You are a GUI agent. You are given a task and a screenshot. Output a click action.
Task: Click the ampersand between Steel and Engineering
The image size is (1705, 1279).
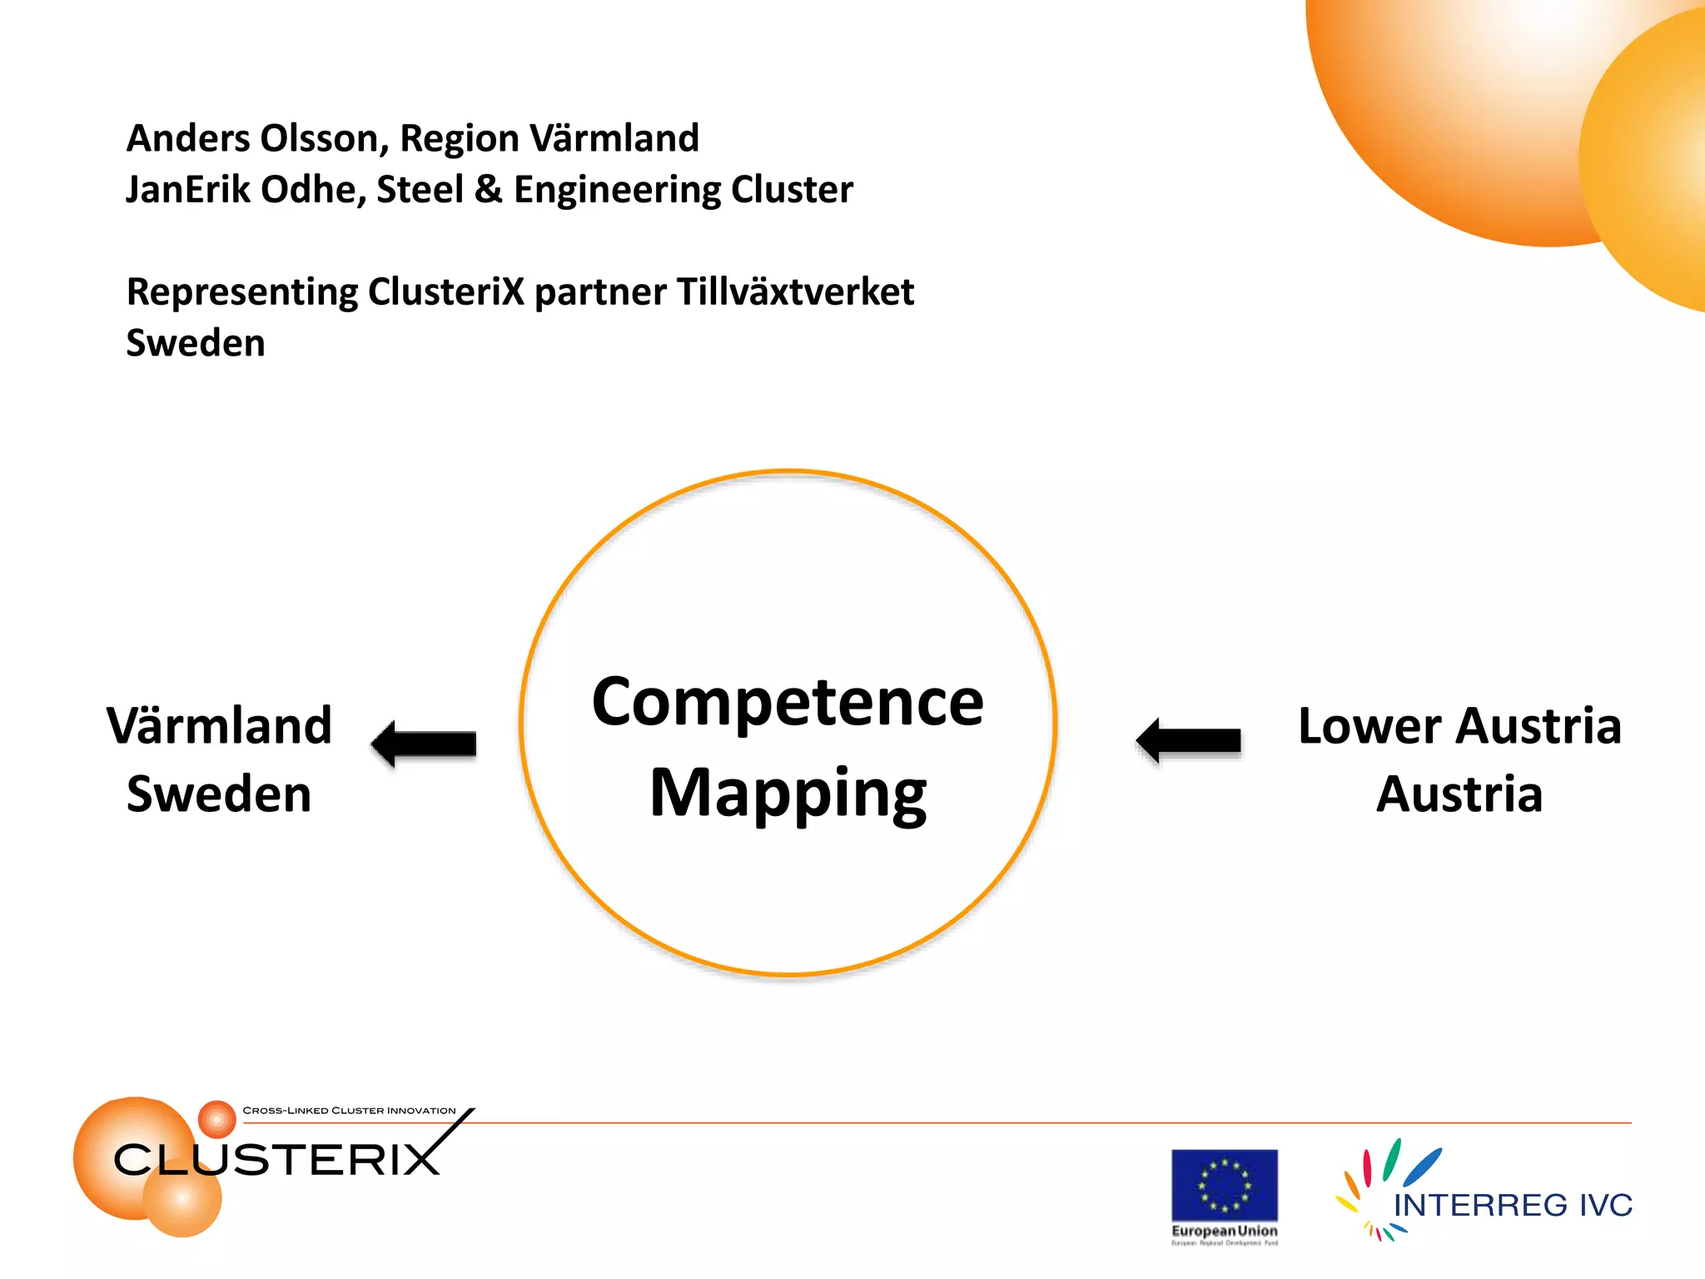pyautogui.click(x=489, y=190)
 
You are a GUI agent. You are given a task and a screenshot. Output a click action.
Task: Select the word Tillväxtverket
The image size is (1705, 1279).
pyautogui.click(x=795, y=291)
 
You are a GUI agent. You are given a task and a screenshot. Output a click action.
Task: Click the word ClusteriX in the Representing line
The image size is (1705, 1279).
pyautogui.click(x=446, y=291)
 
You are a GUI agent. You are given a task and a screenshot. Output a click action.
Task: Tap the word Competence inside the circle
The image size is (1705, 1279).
pyautogui.click(x=788, y=702)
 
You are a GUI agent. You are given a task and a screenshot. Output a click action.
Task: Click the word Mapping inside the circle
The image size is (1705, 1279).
pyautogui.click(x=788, y=794)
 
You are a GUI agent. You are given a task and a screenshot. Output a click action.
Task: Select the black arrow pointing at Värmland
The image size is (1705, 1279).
pyautogui.click(x=425, y=743)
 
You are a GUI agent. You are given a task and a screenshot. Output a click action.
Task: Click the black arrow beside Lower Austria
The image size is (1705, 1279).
pyautogui.click(x=1189, y=739)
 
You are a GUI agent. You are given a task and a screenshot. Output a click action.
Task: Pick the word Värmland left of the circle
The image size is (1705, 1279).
pyautogui.click(x=220, y=725)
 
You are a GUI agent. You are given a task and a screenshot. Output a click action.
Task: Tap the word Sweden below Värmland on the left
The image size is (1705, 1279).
pyautogui.click(x=219, y=794)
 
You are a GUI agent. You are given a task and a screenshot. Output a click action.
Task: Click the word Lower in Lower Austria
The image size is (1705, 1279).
pyautogui.click(x=1369, y=726)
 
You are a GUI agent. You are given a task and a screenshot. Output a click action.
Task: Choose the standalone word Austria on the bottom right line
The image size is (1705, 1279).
pyautogui.click(x=1459, y=794)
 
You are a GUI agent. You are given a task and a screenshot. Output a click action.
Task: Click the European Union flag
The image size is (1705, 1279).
pyautogui.click(x=1224, y=1185)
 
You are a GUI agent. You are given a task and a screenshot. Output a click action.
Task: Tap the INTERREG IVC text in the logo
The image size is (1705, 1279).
pyautogui.click(x=1513, y=1205)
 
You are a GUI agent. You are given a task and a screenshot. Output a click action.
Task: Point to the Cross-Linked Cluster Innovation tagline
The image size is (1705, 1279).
pyautogui.click(x=349, y=1110)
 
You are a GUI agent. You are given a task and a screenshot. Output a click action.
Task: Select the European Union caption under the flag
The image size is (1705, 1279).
pyautogui.click(x=1224, y=1231)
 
